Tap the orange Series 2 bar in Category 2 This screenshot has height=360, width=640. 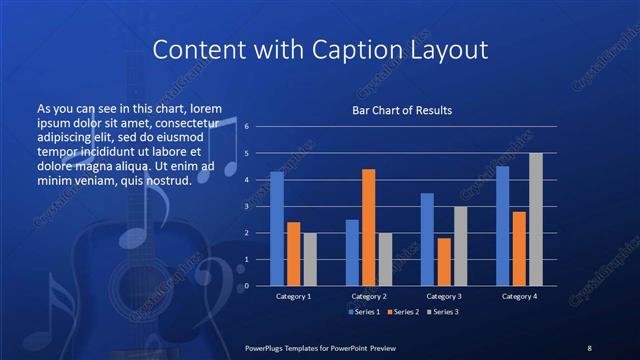click(368, 227)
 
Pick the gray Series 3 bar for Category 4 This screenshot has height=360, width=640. click(535, 219)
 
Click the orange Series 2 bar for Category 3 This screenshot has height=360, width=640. click(444, 262)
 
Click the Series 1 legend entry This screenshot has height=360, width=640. click(365, 312)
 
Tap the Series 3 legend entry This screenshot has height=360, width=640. click(442, 312)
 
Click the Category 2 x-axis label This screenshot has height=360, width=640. click(369, 296)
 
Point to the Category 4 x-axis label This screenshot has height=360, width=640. click(519, 296)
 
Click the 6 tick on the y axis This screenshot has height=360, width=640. click(246, 127)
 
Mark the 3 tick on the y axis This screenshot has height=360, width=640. click(246, 206)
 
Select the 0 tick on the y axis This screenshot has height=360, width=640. click(246, 286)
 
